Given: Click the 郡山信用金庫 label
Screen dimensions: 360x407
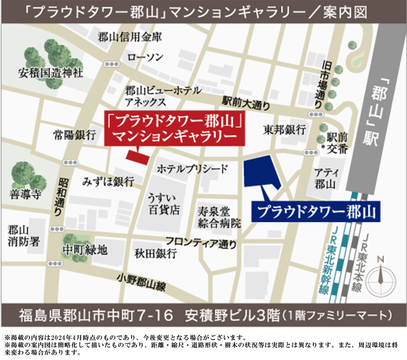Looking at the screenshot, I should pyautogui.click(x=130, y=38).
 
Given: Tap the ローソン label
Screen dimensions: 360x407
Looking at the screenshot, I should pyautogui.click(x=146, y=57).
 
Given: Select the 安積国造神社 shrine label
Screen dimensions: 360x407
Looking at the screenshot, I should pyautogui.click(x=50, y=73).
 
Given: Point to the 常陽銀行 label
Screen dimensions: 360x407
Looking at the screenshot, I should pyautogui.click(x=74, y=135).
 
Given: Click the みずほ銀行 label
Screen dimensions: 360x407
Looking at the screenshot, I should pyautogui.click(x=108, y=181).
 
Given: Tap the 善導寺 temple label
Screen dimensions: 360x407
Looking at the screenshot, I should pyautogui.click(x=26, y=194).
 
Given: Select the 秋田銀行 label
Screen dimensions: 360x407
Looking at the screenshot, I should pyautogui.click(x=156, y=254).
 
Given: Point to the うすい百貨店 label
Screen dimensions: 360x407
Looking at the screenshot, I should pyautogui.click(x=164, y=205).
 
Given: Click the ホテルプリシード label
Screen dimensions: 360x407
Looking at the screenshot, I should pyautogui.click(x=192, y=169).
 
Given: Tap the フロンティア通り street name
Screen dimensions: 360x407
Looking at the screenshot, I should pyautogui.click(x=201, y=242).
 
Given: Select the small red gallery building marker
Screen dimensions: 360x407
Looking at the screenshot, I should pyautogui.click(x=137, y=157).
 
